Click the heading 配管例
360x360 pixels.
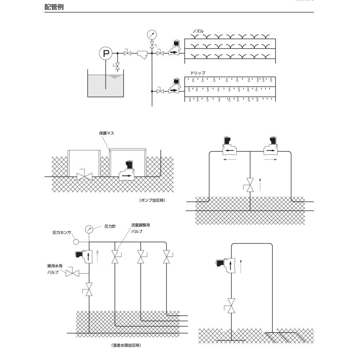coord(54,7)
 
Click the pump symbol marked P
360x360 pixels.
coord(106,53)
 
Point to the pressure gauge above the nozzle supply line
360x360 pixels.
coord(152,34)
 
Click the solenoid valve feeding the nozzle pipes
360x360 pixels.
coord(174,49)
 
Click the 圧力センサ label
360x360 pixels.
coord(62,232)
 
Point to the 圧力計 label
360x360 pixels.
coord(110,226)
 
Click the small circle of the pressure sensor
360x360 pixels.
coord(77,242)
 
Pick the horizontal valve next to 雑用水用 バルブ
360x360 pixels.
coord(73,274)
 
